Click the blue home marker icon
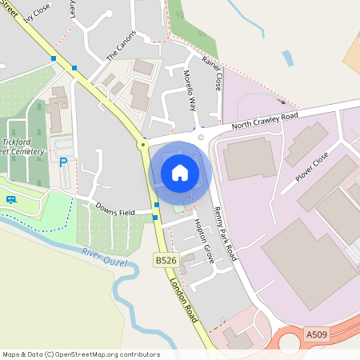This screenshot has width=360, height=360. (180, 172)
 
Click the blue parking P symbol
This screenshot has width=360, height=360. (63, 162)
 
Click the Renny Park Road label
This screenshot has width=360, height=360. (226, 232)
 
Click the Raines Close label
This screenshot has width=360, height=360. (212, 72)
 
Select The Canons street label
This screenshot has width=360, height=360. (122, 46)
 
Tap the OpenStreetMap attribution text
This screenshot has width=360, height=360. (81, 354)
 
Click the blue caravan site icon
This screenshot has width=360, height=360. (11, 198)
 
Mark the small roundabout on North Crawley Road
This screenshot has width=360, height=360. (201, 137)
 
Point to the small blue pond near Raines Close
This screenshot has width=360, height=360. (287, 58)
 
